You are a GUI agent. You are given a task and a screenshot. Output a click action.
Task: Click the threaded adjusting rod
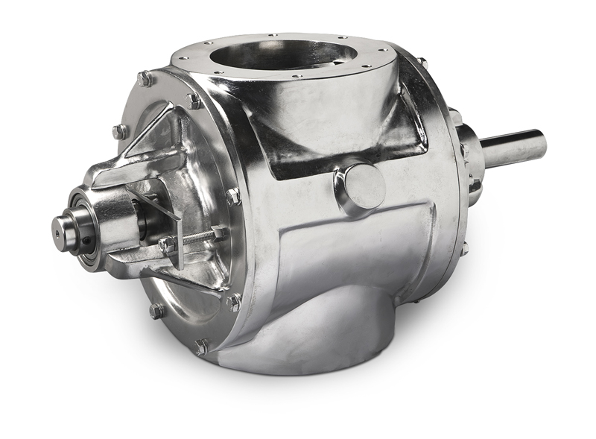195,238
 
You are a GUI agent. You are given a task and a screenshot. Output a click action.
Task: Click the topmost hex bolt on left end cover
145,78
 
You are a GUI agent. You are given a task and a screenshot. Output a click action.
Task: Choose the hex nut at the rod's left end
168,244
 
